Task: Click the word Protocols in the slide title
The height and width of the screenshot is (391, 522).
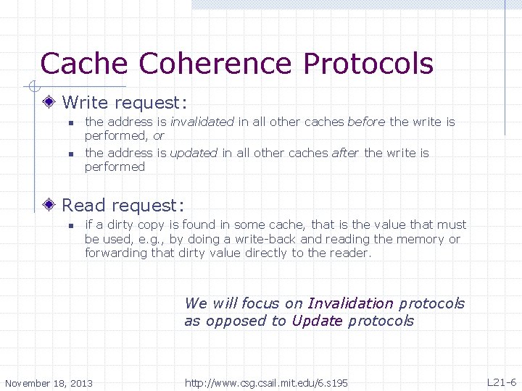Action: point(368,64)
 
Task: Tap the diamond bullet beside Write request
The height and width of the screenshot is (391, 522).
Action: point(50,103)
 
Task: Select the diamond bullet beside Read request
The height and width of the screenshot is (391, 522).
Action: point(50,206)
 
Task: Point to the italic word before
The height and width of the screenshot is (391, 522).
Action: point(367,122)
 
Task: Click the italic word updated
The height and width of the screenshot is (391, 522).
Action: point(194,153)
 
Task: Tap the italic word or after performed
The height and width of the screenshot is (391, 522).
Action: point(158,135)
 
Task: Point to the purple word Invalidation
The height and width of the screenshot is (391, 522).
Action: point(350,303)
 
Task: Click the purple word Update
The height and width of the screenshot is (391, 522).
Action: point(317,321)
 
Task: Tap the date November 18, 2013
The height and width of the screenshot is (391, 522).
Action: point(49,382)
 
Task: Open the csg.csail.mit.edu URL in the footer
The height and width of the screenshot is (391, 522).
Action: point(266,382)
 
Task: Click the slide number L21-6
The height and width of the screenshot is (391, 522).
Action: point(501,382)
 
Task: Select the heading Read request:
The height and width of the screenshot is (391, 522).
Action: point(123,206)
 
